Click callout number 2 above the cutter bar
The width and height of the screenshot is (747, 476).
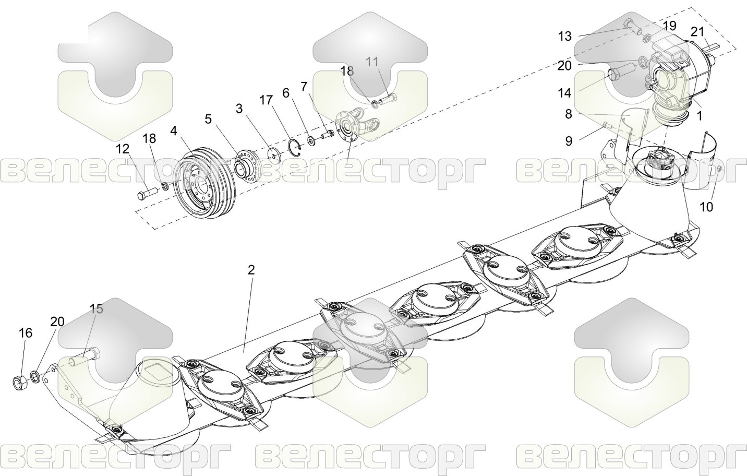pos(251,270)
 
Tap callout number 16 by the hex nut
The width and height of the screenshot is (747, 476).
pos(26,333)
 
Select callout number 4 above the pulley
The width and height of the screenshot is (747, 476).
pos(173,131)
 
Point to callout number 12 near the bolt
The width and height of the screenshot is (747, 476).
pos(123,149)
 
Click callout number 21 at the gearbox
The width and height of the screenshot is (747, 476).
pos(697,32)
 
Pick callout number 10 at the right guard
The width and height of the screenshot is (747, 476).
pos(706,207)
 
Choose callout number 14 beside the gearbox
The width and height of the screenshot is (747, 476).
pos(564,93)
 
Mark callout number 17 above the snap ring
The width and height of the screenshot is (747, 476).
pos(266,100)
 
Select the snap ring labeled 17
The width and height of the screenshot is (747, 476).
pos(295,148)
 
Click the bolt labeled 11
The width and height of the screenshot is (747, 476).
pos(388,99)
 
